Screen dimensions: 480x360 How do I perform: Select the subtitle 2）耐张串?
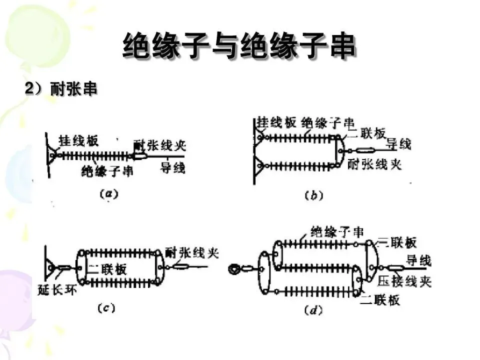60,89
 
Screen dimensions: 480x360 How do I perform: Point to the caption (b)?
313,195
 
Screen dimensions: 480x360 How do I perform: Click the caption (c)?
106,308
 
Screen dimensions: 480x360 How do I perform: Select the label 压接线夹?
404,281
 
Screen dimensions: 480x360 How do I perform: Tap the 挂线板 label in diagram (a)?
78,140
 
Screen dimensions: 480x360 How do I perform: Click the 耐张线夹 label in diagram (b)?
374,164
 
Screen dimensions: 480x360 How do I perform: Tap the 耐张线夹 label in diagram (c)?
192,252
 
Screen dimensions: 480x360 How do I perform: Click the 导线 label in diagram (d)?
418,260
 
